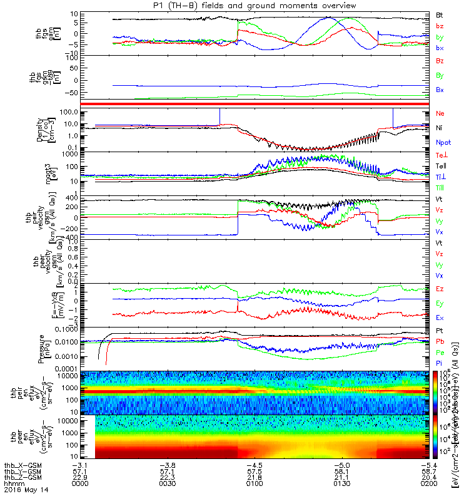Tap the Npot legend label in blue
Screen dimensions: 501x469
point(442,143)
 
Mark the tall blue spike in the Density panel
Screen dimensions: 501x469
point(392,116)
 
